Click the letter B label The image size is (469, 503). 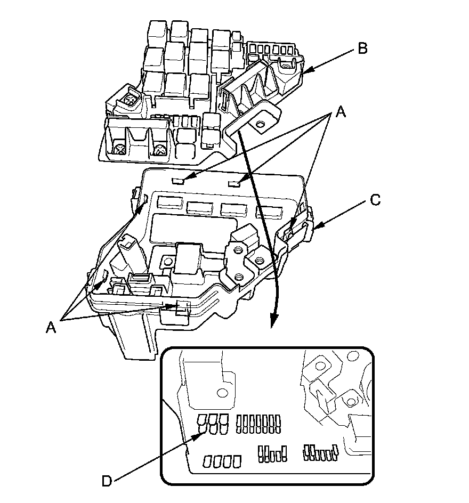(x=362, y=49)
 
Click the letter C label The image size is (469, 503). (x=375, y=200)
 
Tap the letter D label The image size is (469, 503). (x=107, y=481)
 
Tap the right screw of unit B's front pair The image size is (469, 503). (x=158, y=151)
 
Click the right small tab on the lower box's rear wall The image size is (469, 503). (x=234, y=184)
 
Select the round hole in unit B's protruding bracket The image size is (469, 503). (x=260, y=125)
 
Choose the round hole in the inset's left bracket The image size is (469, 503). (x=220, y=393)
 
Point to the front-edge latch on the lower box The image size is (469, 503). (x=181, y=307)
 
